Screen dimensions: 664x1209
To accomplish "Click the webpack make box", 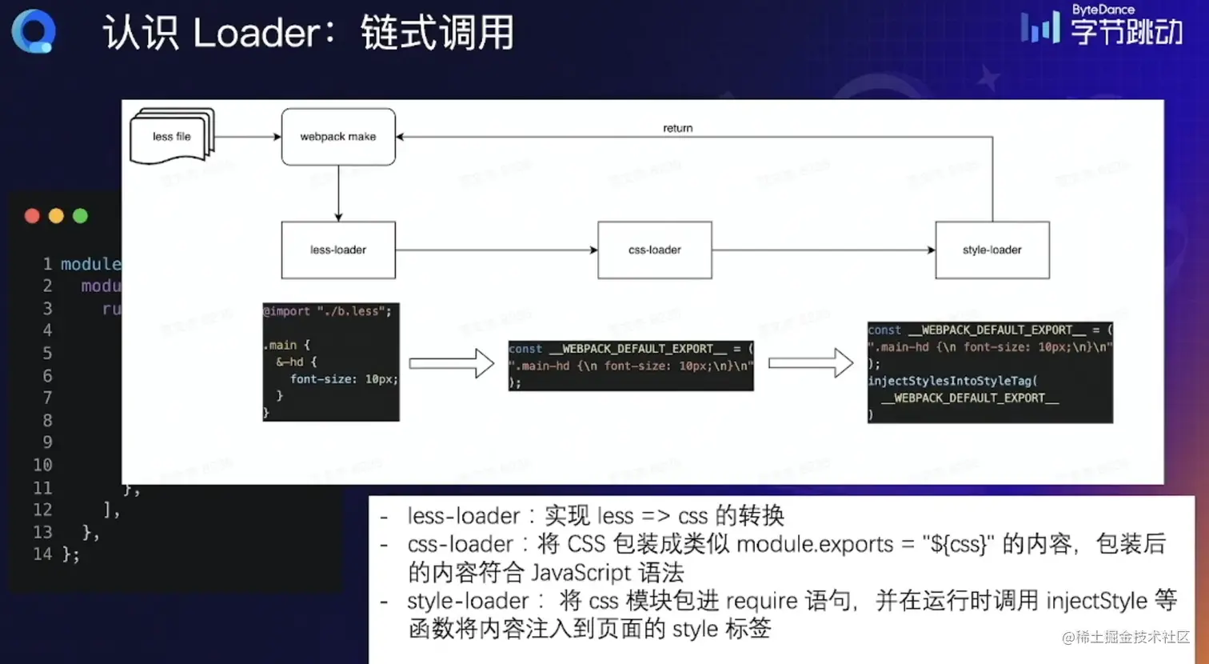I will coord(338,137).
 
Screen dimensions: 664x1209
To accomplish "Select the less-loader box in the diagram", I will coord(338,250).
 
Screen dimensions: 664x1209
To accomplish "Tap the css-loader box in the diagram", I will coord(654,250).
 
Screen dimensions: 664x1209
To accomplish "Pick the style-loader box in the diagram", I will coord(992,250).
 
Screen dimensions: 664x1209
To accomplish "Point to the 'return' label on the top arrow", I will coord(677,128).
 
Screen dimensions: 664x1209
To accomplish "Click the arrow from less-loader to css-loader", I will coord(496,250).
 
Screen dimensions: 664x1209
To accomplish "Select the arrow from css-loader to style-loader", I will coord(824,250).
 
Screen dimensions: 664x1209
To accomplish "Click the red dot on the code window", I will coord(32,216).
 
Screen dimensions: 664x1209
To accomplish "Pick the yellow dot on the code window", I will coord(56,216).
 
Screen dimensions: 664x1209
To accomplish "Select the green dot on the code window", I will coord(80,216).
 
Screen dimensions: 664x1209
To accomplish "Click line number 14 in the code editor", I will coord(42,554).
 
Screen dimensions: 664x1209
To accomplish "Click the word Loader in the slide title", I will coord(256,34).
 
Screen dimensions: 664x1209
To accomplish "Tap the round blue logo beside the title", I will coord(34,31).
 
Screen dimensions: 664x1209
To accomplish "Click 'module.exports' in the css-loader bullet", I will coord(814,544).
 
